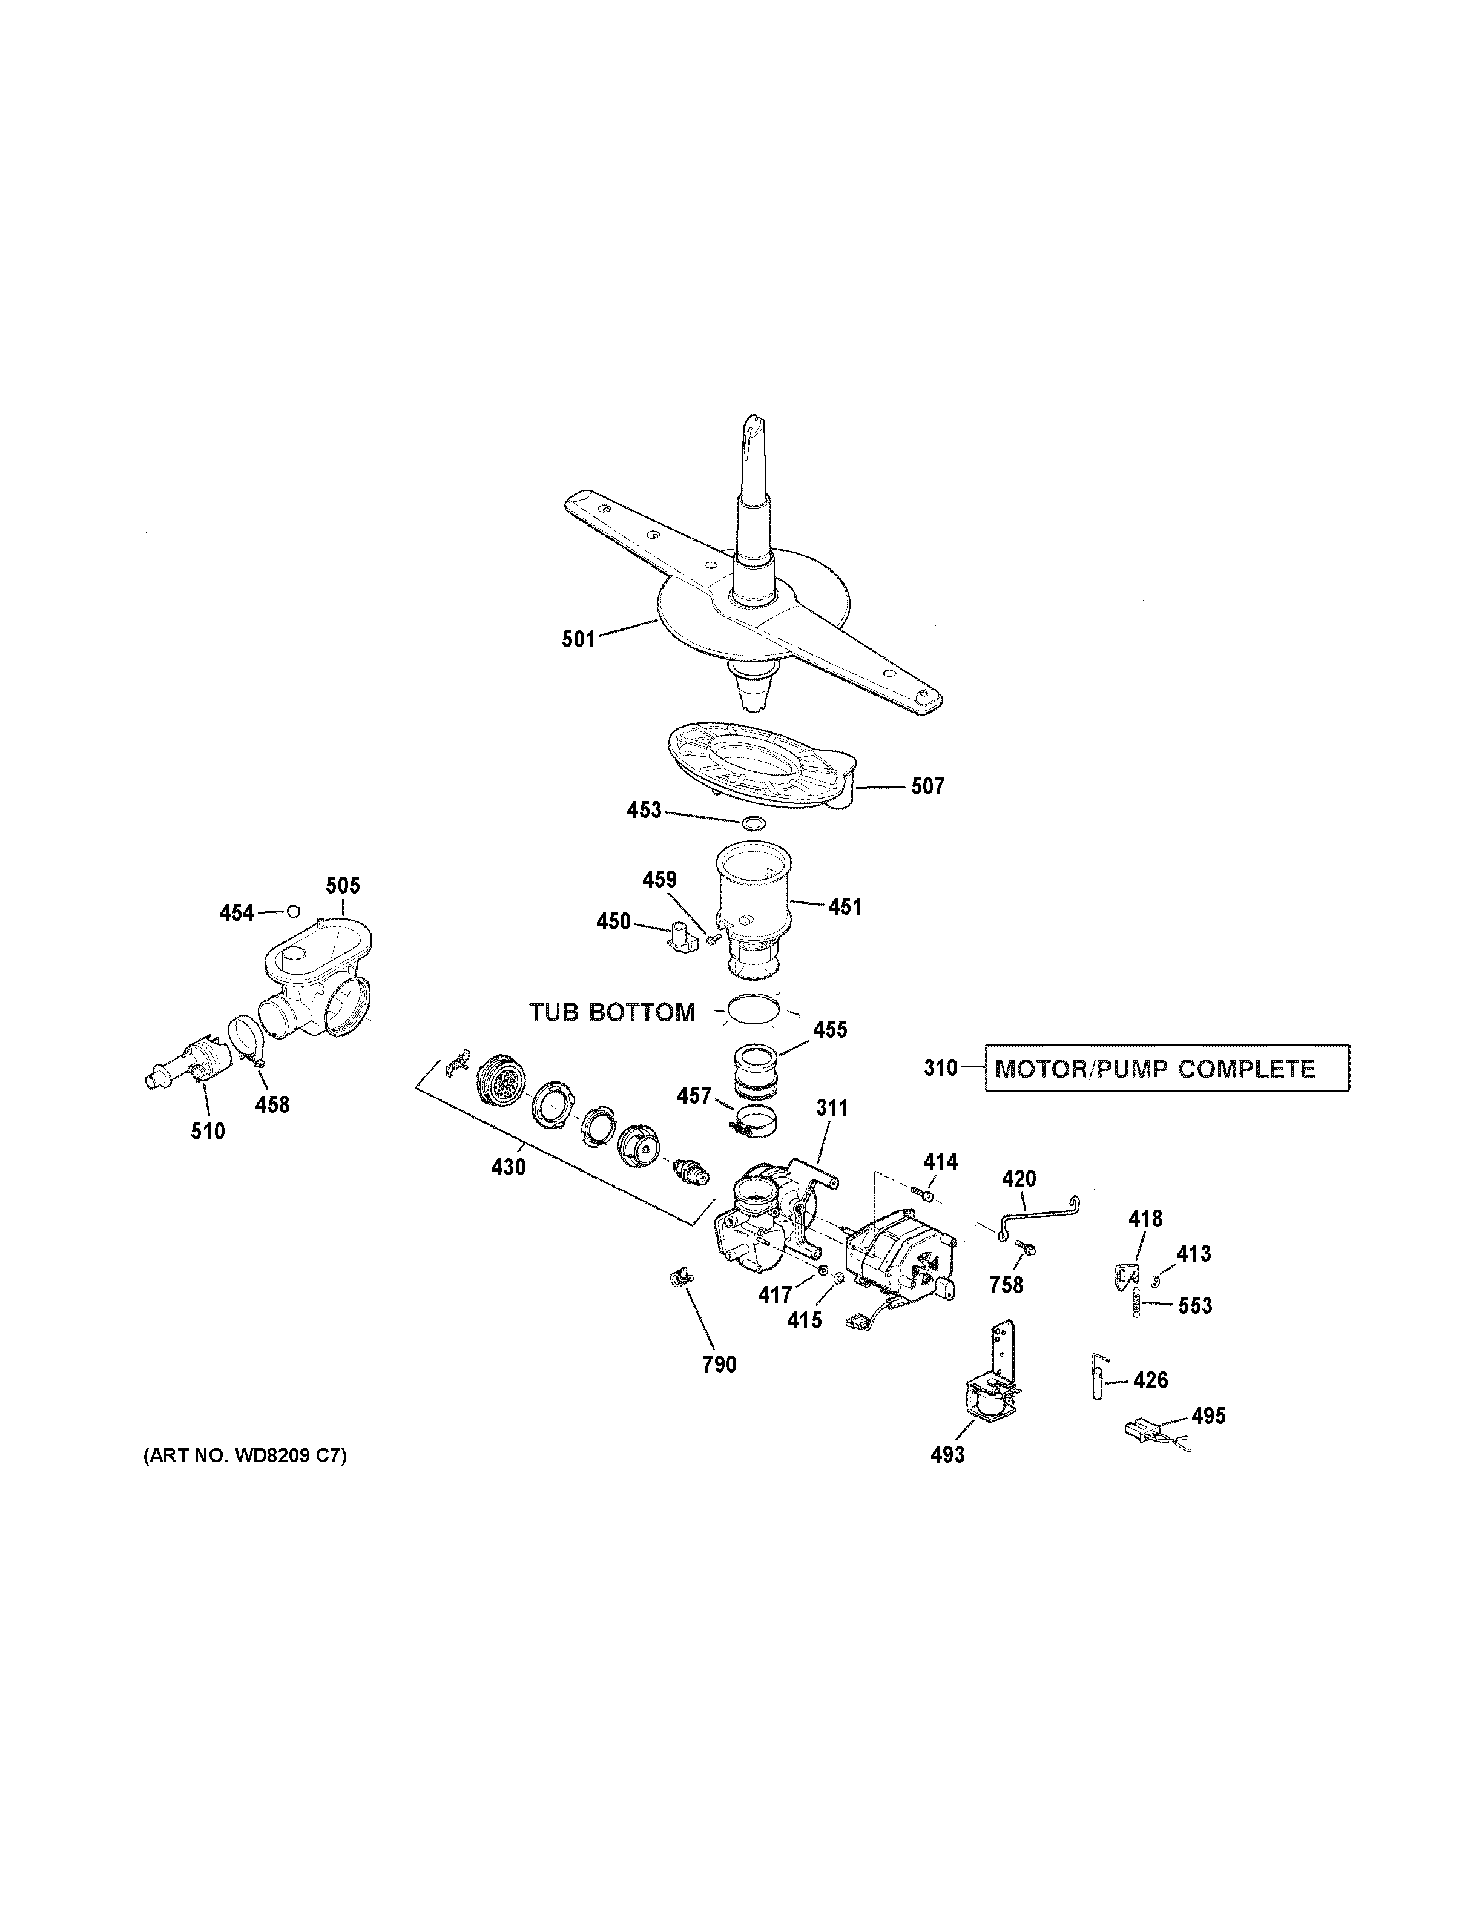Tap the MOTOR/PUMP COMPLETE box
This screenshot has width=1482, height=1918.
[x=1167, y=1068]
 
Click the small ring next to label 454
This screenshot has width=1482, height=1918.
[x=293, y=910]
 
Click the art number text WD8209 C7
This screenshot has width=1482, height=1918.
[x=245, y=1455]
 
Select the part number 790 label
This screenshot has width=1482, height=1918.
[x=719, y=1364]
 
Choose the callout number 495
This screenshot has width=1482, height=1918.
[x=1208, y=1415]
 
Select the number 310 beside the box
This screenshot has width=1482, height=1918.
[x=940, y=1068]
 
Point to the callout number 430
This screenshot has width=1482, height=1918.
[x=509, y=1167]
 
